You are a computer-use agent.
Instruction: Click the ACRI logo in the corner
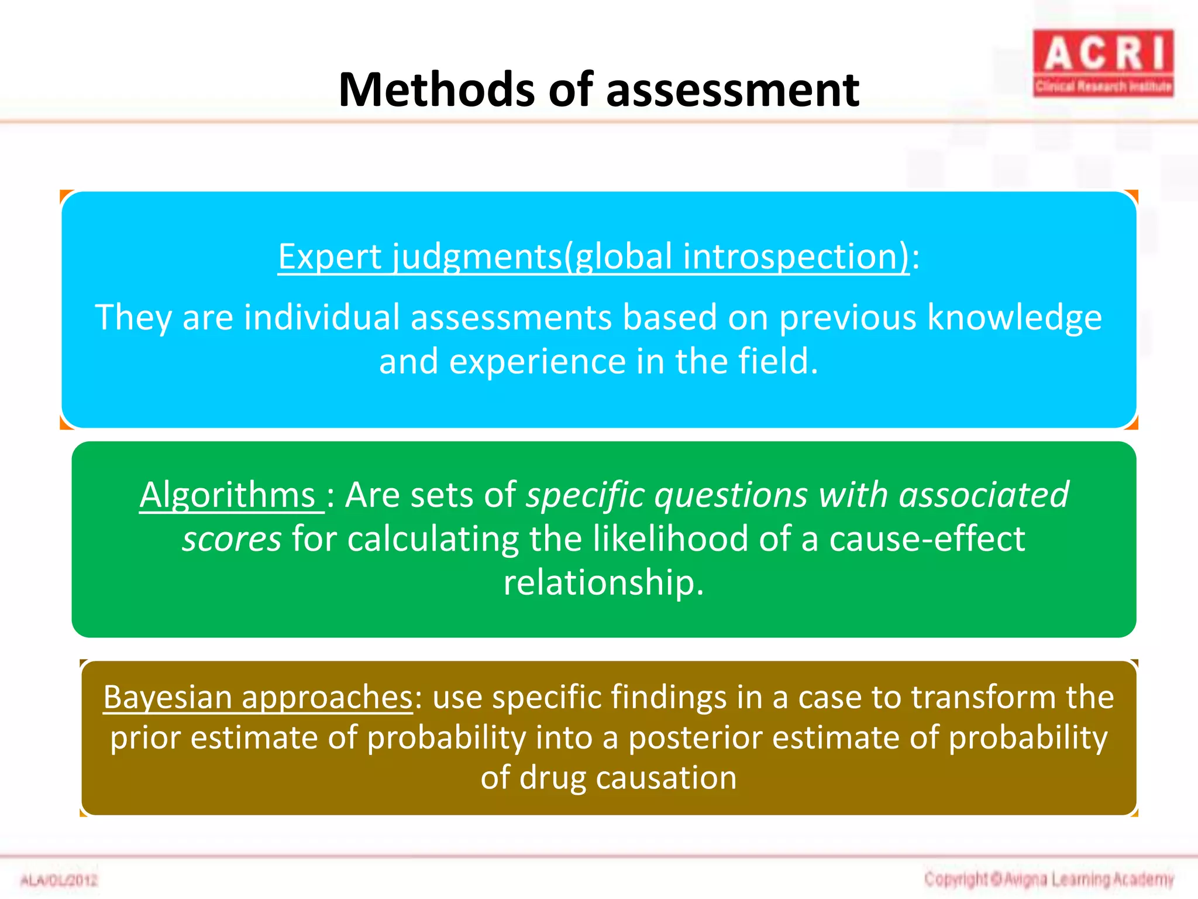click(x=1103, y=63)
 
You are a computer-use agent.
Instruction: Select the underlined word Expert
click(x=329, y=256)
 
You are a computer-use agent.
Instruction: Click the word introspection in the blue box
click(x=796, y=256)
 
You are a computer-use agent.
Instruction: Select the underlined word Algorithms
click(x=228, y=495)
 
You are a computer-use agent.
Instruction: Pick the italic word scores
click(x=232, y=539)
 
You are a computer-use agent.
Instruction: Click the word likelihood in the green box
click(x=670, y=539)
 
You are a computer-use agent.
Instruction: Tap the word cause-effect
click(x=927, y=539)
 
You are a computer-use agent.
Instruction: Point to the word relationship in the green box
click(x=603, y=583)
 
